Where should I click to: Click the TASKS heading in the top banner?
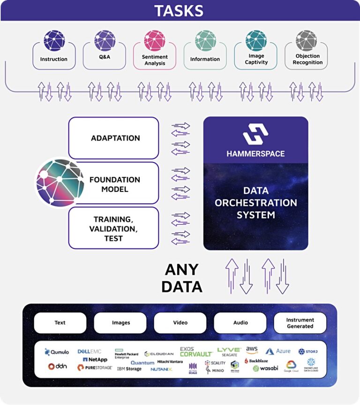[179, 10]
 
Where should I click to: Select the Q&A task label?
[105, 59]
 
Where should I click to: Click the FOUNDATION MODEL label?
[115, 184]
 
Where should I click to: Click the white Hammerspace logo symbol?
[255, 134]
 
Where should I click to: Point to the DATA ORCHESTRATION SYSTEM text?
[255, 203]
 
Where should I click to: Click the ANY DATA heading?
[182, 278]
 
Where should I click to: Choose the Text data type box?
[60, 323]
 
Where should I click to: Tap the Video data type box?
[180, 323]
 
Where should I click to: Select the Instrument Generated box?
[300, 323]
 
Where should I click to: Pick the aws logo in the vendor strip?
[252, 350]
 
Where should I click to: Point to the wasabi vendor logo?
[266, 368]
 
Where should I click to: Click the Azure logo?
[278, 351]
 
